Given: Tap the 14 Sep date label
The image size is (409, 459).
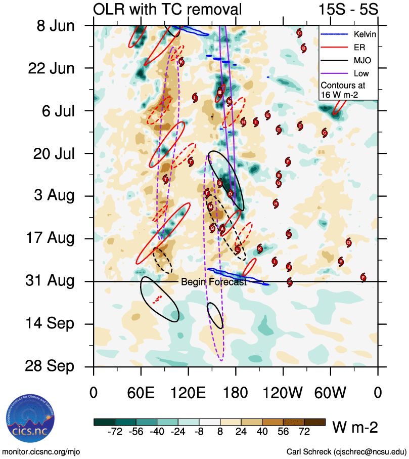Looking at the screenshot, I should click(x=50, y=324).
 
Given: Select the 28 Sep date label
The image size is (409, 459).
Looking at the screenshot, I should click(x=50, y=366).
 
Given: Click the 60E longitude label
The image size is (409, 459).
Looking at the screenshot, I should click(x=141, y=393).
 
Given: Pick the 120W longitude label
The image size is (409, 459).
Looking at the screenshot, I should click(x=283, y=393).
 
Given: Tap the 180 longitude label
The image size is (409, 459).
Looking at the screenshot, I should click(x=236, y=393).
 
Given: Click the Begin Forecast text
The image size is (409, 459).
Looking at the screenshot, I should click(x=214, y=282).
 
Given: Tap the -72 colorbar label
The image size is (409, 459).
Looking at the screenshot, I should click(x=115, y=432).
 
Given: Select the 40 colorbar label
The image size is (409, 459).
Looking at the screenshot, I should click(x=263, y=432).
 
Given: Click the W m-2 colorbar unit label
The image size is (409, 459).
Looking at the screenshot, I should click(x=355, y=428).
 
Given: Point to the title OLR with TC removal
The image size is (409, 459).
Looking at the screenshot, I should click(x=167, y=9).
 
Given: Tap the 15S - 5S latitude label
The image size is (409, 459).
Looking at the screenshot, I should click(x=348, y=9).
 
